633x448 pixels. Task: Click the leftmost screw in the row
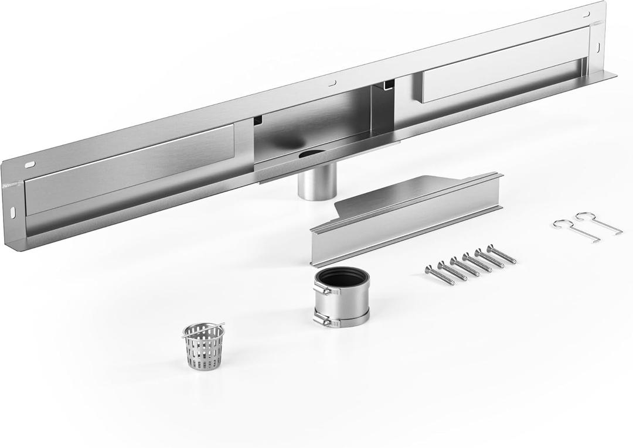click(440, 275)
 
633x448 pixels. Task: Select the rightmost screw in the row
click(502, 255)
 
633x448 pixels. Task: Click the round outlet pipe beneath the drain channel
click(316, 183)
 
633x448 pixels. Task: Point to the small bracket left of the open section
click(257, 121)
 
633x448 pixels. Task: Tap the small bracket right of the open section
click(387, 86)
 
